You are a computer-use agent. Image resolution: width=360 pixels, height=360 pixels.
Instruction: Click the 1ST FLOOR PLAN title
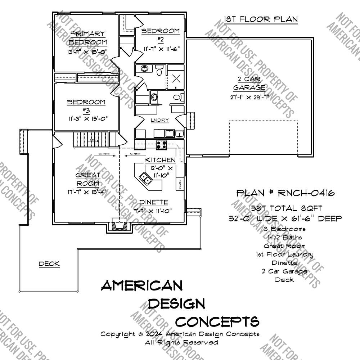pos(261,19)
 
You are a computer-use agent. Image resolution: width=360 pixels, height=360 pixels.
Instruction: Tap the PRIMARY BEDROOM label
pos(87,38)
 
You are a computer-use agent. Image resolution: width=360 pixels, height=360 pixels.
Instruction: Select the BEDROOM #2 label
pos(160,35)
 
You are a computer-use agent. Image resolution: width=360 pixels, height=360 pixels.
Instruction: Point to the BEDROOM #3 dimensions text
pos(87,118)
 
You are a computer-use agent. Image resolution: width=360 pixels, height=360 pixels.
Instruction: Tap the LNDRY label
pos(160,121)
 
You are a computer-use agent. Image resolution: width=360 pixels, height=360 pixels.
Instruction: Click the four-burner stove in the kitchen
pos(162,145)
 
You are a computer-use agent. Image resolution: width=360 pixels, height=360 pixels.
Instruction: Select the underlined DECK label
pos(49,264)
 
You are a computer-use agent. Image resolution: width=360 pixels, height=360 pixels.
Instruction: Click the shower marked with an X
pos(176,78)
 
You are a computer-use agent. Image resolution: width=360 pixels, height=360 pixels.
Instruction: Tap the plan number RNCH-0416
pos(285,193)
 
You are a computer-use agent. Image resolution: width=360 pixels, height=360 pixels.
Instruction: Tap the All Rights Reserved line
pos(181,342)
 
